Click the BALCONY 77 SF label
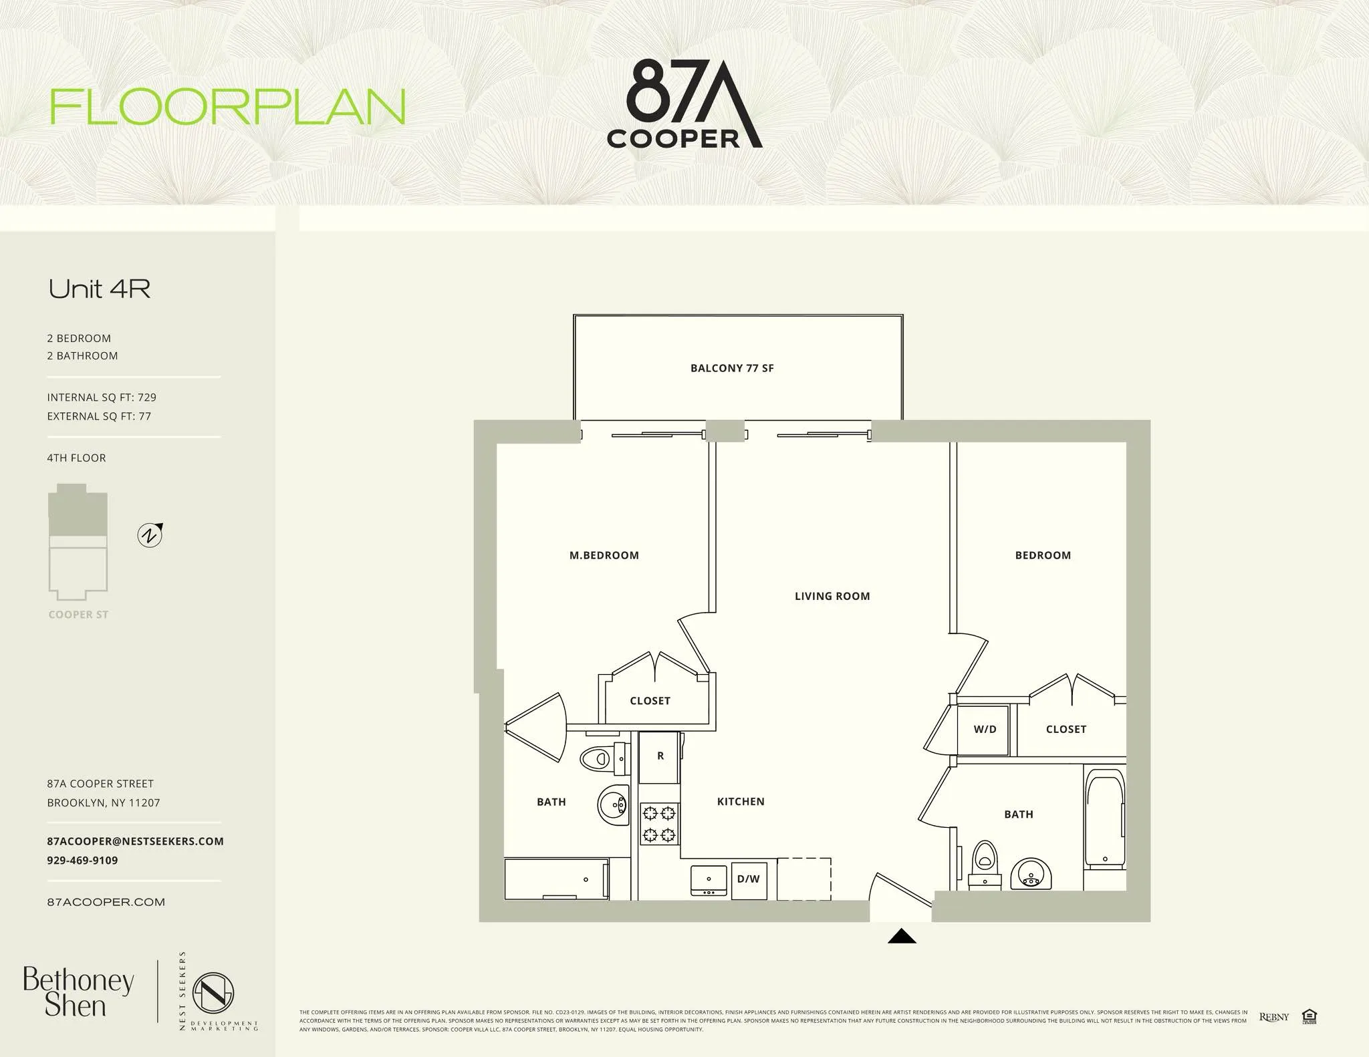[x=732, y=368]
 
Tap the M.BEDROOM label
[x=604, y=555]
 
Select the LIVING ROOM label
[x=832, y=596]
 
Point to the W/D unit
[x=984, y=730]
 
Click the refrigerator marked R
[x=660, y=756]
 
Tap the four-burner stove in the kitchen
[x=659, y=824]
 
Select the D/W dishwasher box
[x=749, y=879]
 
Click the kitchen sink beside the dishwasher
[x=709, y=881]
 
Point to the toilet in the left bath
[x=600, y=758]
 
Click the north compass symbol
[x=150, y=535]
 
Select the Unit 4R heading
[x=100, y=289]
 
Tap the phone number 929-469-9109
[x=82, y=861]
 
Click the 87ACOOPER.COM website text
[x=106, y=902]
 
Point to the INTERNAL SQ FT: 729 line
[x=102, y=398]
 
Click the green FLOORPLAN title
[x=228, y=107]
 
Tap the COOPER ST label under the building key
[x=78, y=615]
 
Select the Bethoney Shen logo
[x=78, y=992]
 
